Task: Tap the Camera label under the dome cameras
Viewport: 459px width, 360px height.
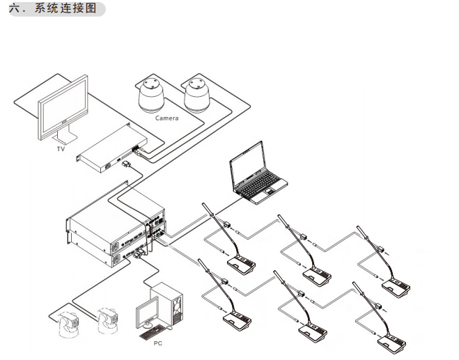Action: click(x=166, y=118)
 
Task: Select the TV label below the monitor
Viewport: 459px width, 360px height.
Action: click(x=60, y=149)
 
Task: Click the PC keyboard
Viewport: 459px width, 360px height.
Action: click(x=156, y=332)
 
